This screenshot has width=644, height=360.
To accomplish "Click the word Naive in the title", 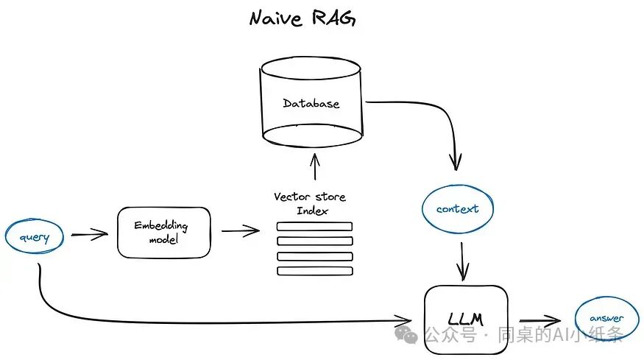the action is pos(276,18).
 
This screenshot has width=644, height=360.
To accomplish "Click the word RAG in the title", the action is pos(333,18).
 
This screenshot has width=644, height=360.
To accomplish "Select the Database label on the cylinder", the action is pos(311,103).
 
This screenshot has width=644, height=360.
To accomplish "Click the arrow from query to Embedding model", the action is pos(89,234).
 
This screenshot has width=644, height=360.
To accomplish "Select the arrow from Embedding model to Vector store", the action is pos(240,230).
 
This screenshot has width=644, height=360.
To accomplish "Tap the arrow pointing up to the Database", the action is pos(315,167).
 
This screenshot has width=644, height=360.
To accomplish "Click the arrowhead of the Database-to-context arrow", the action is pos(456,162).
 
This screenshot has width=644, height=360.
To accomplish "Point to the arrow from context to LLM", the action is pos(462,261).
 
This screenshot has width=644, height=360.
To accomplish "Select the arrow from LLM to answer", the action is pos(539,320).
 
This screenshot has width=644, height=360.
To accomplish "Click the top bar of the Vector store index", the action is pos(314,227).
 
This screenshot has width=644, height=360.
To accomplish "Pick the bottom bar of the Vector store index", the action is pos(315,271).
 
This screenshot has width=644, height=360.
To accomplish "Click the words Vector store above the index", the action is pos(310,197).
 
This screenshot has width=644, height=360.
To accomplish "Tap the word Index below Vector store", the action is pos(313,211).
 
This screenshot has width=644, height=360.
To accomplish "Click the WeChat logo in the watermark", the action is pos(406,334).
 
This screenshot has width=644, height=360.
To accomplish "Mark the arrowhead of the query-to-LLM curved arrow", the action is pos(403,320).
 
